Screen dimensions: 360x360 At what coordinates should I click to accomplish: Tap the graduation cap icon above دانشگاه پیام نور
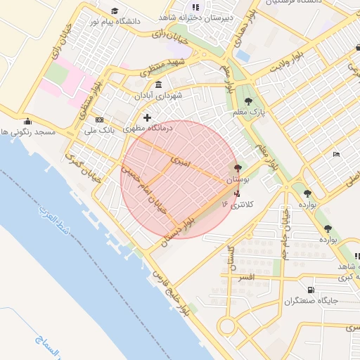click(x=115, y=11)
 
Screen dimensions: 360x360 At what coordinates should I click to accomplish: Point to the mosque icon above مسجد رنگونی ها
click(x=27, y=121)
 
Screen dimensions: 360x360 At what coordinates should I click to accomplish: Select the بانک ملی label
click(x=98, y=130)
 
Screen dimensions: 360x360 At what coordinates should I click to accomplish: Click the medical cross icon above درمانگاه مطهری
click(x=147, y=117)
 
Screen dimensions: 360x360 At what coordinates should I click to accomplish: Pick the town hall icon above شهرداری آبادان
click(x=158, y=84)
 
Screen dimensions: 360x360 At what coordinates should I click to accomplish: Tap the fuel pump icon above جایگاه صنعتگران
click(x=311, y=290)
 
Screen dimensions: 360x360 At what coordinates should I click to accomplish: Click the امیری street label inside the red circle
click(x=179, y=161)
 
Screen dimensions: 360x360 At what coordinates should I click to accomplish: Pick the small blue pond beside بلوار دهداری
click(x=243, y=53)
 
